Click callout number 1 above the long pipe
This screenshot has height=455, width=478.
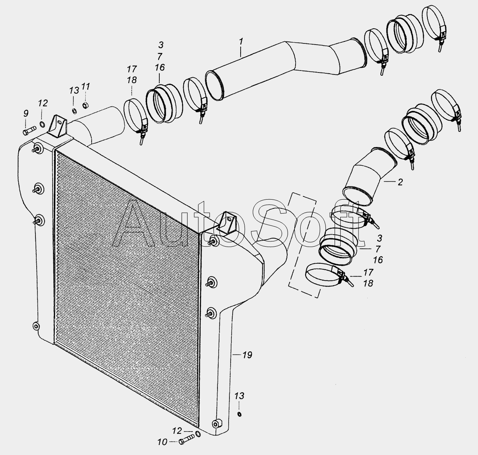pyautogui.click(x=241, y=42)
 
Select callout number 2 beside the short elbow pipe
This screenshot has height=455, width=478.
pyautogui.click(x=400, y=182)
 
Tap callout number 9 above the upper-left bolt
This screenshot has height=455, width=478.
pyautogui.click(x=26, y=114)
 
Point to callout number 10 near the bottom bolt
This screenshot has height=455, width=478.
pyautogui.click(x=162, y=442)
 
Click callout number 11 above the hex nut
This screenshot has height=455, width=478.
pyautogui.click(x=86, y=86)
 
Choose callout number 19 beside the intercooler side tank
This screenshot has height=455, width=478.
pyautogui.click(x=247, y=355)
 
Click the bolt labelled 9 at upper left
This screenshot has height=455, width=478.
pyautogui.click(x=29, y=130)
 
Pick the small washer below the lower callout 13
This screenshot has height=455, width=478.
pyautogui.click(x=239, y=414)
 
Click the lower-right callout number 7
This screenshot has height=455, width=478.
pyautogui.click(x=377, y=249)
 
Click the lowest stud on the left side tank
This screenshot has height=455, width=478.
pyautogui.click(x=36, y=326)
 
